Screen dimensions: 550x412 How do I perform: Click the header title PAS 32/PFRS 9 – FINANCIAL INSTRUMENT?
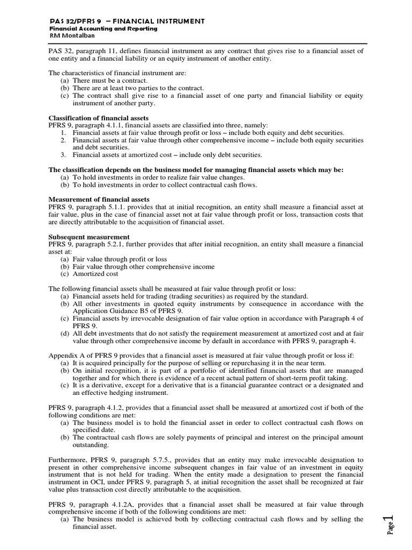pyautogui.click(x=127, y=21)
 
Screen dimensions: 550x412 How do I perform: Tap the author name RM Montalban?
pyautogui.click(x=69, y=35)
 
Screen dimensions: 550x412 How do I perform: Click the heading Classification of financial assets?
pyautogui.click(x=99, y=118)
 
